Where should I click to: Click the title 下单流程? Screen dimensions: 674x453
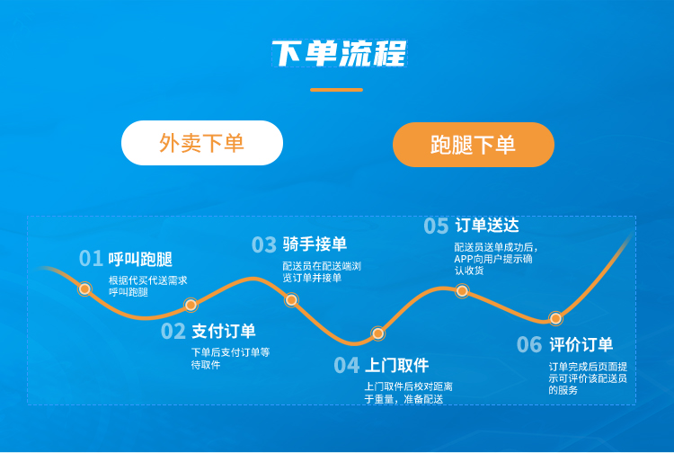pos(340,53)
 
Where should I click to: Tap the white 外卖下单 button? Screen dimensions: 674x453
pos(202,143)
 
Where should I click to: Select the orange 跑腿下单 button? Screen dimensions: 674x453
pos(474,145)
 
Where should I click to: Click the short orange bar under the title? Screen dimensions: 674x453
pos(337,90)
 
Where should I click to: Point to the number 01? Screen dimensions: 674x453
pos(91,258)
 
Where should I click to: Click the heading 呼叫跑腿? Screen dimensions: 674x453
pos(140,259)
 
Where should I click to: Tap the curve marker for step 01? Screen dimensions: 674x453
pos(84,289)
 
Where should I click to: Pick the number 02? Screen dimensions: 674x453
pos(173,332)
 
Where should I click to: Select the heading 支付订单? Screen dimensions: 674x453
pos(224,331)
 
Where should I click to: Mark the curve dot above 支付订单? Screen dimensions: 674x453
pos(191,305)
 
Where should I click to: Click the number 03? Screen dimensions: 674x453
pos(264,244)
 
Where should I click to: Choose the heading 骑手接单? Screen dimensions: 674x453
pos(315,244)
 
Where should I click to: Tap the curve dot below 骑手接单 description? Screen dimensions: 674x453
pos(291,299)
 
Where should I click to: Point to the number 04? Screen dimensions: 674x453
pos(347,365)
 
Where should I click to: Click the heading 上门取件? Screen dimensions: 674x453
pos(396,365)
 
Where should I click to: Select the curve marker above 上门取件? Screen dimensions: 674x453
pos(377,333)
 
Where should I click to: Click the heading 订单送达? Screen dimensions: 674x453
pos(487,225)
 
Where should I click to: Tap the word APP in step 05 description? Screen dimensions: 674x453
pos(464,259)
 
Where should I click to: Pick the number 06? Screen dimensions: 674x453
pos(529,344)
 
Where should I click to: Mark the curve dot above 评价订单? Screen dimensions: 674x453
pos(555,318)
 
